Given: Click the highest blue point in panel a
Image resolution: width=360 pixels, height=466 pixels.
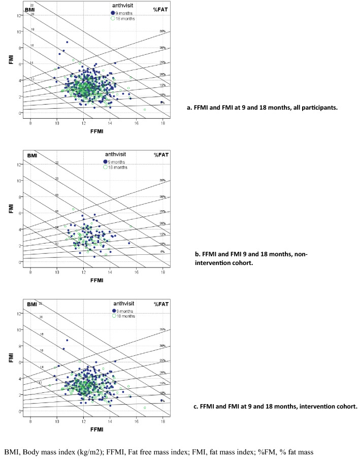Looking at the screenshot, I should point(67,42).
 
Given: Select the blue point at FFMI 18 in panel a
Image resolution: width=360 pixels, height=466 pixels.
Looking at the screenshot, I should point(162,102).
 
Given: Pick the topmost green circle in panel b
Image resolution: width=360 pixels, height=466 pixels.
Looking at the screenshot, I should point(73,209).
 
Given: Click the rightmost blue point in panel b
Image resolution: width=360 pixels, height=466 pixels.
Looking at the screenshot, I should point(129,243).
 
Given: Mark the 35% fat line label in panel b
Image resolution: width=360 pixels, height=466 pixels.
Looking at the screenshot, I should point(163,180).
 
